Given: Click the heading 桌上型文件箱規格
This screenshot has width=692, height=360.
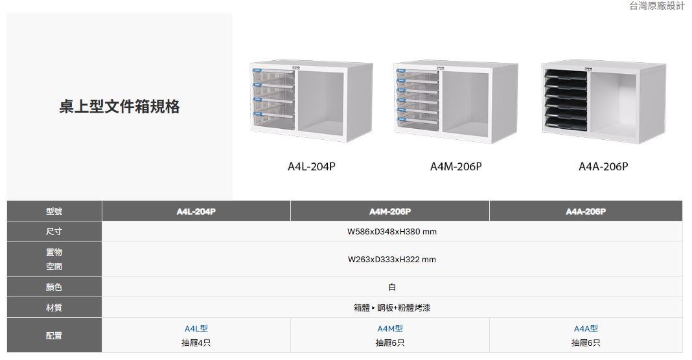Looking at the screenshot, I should [x=119, y=107].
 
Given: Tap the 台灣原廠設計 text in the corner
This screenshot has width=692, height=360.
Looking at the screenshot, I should [x=656, y=6].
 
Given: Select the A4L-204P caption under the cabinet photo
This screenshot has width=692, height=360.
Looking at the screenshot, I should [x=311, y=166].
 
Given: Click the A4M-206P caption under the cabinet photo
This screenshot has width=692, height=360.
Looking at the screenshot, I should [x=456, y=166].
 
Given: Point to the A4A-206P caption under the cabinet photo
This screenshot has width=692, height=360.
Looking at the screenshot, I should [x=603, y=166].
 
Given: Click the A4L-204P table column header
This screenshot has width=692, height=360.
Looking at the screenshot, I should [x=196, y=212].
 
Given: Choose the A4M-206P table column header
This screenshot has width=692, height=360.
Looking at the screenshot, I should [x=389, y=212].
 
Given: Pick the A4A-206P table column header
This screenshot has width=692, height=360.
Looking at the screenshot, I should [x=585, y=212].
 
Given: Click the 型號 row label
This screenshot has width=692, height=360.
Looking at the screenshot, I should [x=54, y=212].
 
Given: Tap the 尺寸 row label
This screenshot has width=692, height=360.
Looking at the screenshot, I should [x=54, y=232].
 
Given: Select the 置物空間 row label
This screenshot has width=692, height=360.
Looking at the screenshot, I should [x=54, y=259].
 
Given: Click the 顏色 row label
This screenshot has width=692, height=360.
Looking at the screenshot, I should [x=54, y=287].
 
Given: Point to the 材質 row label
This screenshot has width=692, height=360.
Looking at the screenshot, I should [x=54, y=308].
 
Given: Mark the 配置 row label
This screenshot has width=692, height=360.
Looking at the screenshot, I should [x=54, y=335].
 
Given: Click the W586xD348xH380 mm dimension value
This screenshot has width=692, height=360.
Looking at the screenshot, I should [x=391, y=232].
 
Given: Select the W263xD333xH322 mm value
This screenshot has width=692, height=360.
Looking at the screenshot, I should [x=391, y=260].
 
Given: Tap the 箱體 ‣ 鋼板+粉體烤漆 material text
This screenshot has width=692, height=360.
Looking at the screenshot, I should [x=391, y=308].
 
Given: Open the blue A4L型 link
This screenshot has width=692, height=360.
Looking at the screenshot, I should [x=196, y=329].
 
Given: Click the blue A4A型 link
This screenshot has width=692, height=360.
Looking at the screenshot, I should [x=585, y=329].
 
